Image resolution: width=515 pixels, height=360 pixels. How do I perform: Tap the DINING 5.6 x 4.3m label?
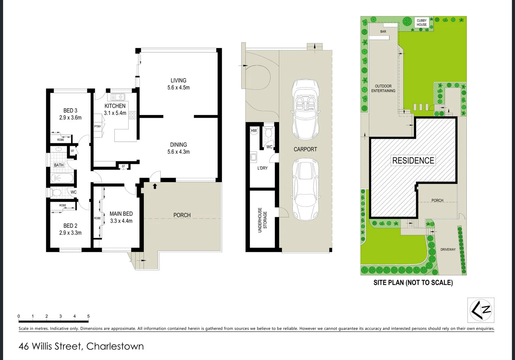178,148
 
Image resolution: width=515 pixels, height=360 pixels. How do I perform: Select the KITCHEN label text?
115,106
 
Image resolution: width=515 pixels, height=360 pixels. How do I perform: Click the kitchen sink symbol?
117,97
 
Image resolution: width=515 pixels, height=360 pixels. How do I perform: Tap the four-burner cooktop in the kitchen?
132,115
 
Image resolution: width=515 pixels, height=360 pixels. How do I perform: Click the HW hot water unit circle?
254,131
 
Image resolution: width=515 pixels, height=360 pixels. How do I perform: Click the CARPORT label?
305,149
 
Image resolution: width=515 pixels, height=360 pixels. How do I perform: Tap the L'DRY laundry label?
262,168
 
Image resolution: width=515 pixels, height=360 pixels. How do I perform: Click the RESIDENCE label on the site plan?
413,161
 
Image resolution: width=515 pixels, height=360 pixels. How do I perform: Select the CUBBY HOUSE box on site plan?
421,23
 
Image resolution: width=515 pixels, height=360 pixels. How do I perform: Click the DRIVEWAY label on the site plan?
448,249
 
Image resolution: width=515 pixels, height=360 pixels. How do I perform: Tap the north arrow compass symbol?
481,310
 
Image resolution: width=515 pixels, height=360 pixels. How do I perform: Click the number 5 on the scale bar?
88,316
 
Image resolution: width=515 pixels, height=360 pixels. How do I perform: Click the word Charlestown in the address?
115,346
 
